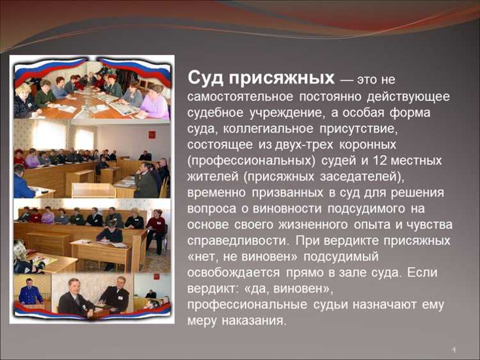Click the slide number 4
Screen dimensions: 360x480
coord(454,350)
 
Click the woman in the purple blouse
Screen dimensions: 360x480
coord(154,105)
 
